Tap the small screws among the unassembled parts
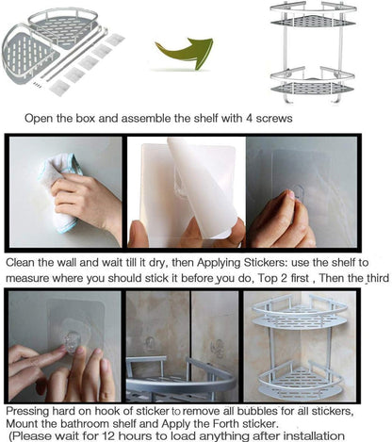(x=36, y=86)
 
